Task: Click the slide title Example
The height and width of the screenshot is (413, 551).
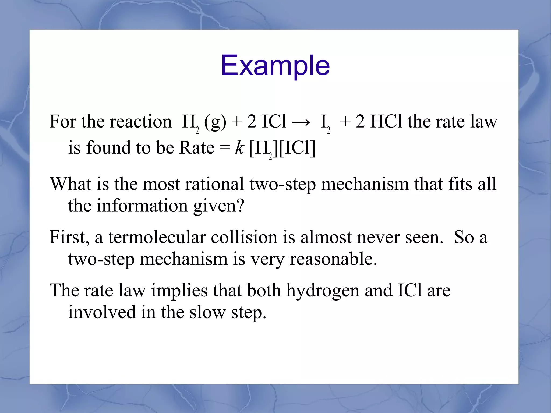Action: point(275,65)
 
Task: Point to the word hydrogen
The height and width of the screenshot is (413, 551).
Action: point(323,291)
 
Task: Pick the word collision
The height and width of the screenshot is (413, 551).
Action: point(244,237)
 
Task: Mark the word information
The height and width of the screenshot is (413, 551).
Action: point(142,206)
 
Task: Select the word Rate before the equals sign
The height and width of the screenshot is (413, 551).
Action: point(197,148)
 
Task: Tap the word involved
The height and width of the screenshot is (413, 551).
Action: point(102,312)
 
